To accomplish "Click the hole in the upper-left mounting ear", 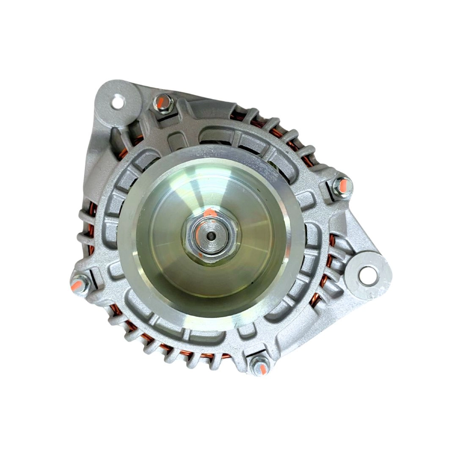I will (x=117, y=102).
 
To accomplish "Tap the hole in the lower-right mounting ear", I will (x=368, y=275).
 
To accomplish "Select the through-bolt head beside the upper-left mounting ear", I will (x=162, y=103).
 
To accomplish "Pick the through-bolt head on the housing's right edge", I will (x=342, y=187).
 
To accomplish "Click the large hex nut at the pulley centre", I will (x=210, y=234).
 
